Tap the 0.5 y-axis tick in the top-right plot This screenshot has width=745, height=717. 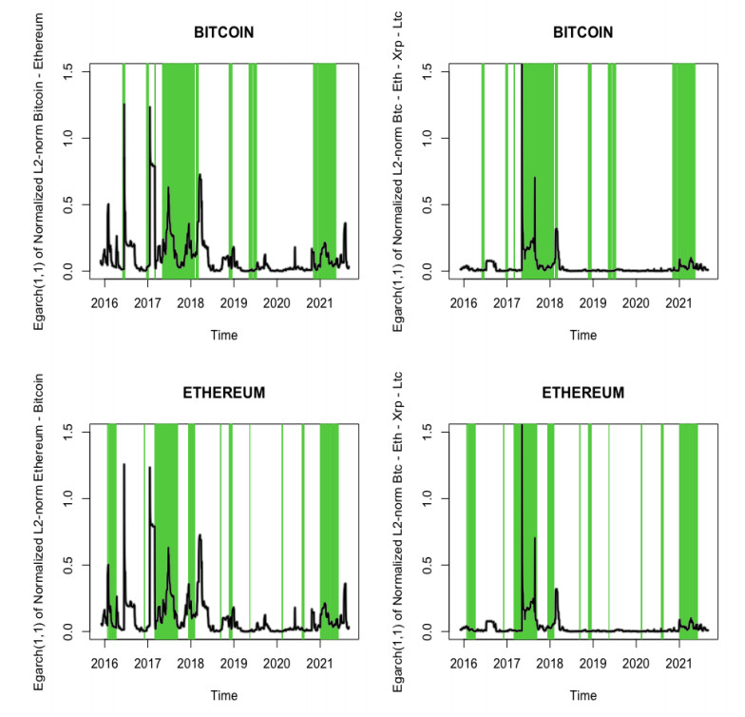(x=429, y=204)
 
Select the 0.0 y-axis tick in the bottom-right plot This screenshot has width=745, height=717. (x=429, y=631)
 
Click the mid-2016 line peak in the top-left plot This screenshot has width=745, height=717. (x=124, y=105)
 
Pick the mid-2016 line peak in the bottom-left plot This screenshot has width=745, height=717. (x=124, y=464)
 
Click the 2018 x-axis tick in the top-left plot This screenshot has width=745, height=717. (x=190, y=302)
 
